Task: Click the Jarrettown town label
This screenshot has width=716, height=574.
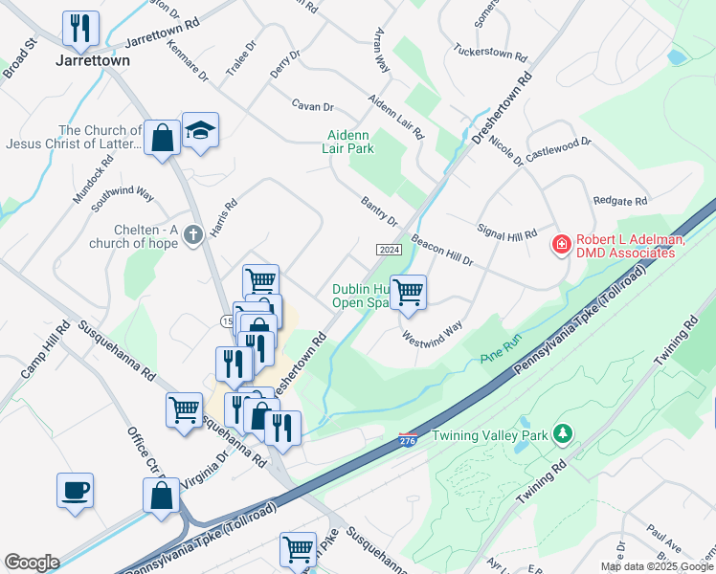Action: point(92,60)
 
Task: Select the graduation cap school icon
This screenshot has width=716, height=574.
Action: point(200,131)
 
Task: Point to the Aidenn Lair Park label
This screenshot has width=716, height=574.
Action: point(349,142)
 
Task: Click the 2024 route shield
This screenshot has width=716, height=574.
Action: point(388,250)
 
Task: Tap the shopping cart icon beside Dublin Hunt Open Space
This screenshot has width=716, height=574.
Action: point(408,293)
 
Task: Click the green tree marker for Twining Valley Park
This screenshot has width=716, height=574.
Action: point(564,435)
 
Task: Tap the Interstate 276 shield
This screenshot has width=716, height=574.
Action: point(408,439)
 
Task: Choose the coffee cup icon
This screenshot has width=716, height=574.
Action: point(76,491)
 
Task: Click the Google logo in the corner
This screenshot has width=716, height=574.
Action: point(32,563)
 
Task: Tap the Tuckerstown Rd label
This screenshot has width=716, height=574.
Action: point(490,51)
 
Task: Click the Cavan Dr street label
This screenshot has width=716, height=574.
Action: point(313,107)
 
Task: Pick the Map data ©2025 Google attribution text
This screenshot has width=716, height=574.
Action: point(657,566)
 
